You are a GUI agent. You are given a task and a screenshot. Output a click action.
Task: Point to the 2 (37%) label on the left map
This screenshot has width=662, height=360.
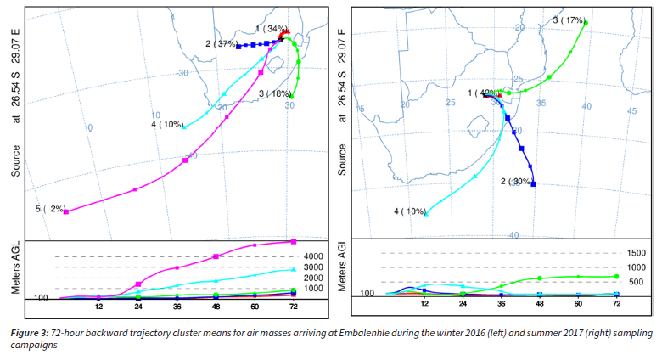click(220, 43)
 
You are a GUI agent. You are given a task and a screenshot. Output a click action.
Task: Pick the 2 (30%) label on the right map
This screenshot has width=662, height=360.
click(516, 181)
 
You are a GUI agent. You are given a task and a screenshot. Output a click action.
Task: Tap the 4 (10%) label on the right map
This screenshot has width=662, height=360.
click(409, 211)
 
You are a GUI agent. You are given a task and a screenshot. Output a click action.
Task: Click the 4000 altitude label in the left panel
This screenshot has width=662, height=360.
click(314, 256)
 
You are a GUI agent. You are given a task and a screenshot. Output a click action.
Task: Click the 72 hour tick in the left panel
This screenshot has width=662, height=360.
click(293, 306)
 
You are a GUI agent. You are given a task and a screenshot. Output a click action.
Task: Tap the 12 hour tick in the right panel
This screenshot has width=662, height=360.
click(424, 303)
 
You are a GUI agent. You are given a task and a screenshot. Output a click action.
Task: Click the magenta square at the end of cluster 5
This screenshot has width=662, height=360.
click(66, 211)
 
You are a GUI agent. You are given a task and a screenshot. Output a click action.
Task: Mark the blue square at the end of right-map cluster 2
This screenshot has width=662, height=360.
click(533, 184)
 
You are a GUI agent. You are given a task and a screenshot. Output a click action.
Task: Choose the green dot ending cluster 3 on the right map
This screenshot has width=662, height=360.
click(586, 23)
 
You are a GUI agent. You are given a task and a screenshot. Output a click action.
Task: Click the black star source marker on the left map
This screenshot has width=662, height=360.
click(281, 40)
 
